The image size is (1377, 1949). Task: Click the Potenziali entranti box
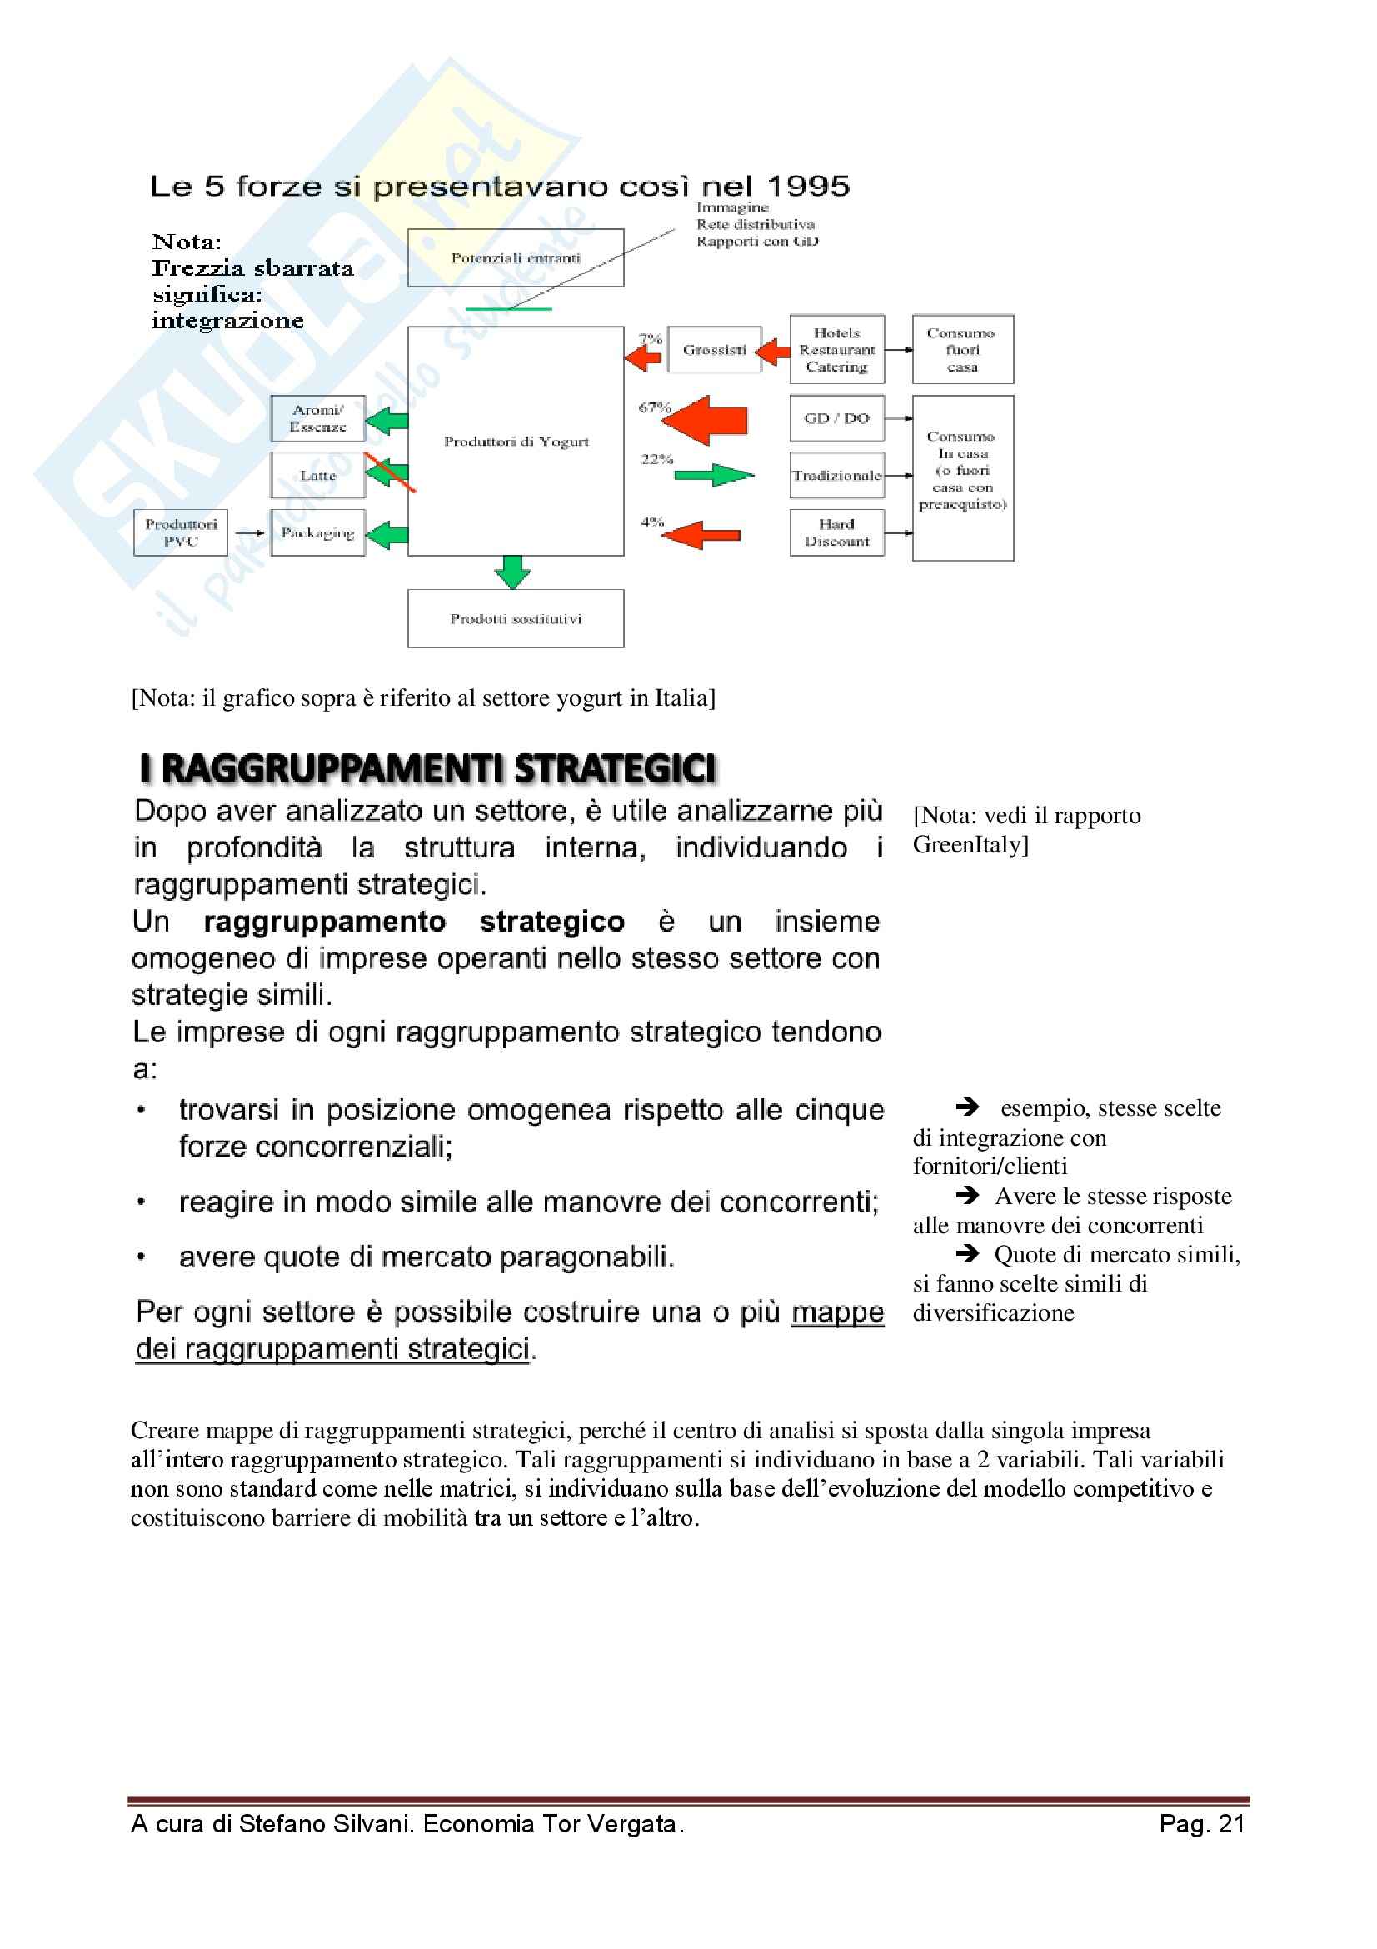click(516, 257)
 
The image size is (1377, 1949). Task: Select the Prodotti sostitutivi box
click(516, 619)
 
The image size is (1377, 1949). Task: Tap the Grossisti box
click(715, 349)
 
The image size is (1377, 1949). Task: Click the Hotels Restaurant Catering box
click(837, 349)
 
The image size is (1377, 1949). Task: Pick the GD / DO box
click(837, 418)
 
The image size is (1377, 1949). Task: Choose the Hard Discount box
click(837, 532)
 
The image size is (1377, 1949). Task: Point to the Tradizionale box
click(837, 475)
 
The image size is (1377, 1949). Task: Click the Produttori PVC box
click(181, 532)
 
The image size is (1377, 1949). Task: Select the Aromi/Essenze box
click(318, 418)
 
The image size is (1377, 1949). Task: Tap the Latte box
click(318, 475)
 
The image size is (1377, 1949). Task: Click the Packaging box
click(318, 532)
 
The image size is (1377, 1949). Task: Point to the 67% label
click(655, 407)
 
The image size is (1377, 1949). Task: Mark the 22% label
click(656, 459)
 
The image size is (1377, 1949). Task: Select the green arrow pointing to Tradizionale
click(715, 474)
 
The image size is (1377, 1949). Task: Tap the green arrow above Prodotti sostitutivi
click(512, 572)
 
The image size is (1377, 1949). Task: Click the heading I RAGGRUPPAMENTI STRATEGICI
click(428, 768)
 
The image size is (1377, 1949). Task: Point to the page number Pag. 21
click(1202, 1824)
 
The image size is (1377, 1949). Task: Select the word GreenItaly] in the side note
click(970, 845)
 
